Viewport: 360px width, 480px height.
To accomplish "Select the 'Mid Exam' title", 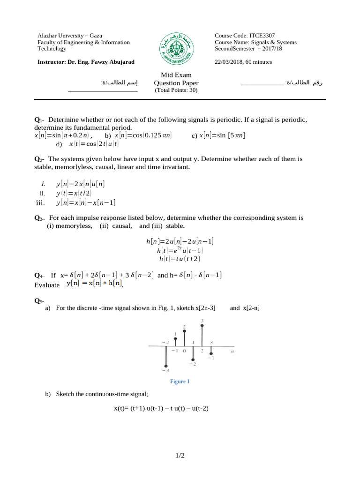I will point(176,75).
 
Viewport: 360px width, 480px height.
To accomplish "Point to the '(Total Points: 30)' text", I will point(176,90).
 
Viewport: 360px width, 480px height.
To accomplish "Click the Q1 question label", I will point(39,120).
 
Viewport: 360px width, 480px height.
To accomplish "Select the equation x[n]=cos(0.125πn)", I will point(143,135).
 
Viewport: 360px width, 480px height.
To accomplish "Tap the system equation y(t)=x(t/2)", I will point(74,193).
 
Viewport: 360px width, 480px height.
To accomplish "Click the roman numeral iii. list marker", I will point(43,203).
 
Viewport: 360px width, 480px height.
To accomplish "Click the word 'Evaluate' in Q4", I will point(47,285).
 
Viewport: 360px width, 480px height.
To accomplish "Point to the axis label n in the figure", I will point(232,351).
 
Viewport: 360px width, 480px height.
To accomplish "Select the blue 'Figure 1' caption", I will point(180,382).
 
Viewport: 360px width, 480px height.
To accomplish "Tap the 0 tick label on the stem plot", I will point(184,351).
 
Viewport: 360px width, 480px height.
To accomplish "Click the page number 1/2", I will point(180,456).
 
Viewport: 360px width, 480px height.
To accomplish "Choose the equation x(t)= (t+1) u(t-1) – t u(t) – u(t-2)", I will point(161,408).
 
